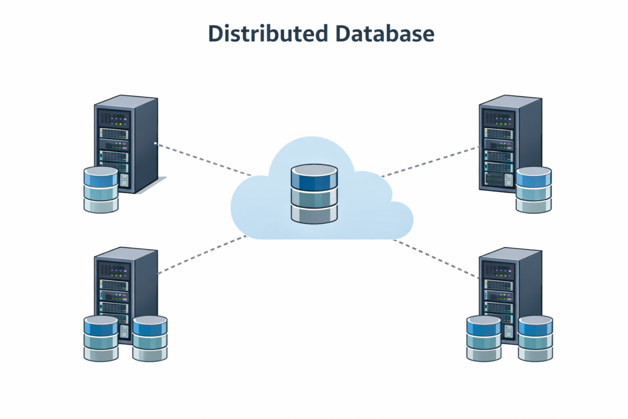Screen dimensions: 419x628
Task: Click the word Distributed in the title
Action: tap(267, 34)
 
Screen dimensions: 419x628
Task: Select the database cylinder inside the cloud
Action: tap(314, 194)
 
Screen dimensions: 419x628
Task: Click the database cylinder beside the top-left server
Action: tap(101, 190)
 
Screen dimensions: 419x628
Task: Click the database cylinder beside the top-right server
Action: tap(534, 190)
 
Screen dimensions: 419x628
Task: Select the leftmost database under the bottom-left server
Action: tap(101, 338)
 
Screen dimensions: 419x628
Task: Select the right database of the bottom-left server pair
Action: tap(150, 338)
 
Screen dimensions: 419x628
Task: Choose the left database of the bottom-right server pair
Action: tap(484, 338)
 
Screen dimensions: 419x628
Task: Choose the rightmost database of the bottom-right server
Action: tap(535, 338)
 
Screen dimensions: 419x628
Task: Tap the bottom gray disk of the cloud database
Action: tap(314, 213)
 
